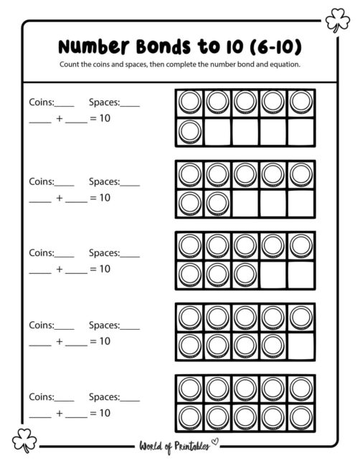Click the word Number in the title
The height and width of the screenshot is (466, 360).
point(93,47)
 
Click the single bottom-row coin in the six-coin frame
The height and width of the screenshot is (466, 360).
point(190,131)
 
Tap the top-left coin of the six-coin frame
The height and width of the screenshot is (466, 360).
point(190,103)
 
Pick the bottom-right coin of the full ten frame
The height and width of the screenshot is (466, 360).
point(300,417)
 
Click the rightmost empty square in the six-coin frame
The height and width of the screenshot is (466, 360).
point(300,131)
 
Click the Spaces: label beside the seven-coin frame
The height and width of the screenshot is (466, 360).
point(104,182)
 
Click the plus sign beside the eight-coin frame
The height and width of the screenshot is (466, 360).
point(59,269)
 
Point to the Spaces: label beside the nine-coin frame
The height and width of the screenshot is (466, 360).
point(104,325)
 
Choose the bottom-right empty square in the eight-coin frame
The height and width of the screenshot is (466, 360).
point(300,274)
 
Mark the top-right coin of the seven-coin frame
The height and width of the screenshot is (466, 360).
point(300,174)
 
